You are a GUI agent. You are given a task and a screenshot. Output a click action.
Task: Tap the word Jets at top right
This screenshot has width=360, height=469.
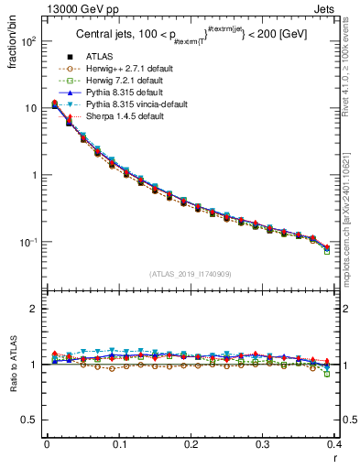(x=329, y=9)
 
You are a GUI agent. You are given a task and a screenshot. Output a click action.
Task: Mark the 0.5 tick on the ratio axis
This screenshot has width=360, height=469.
(x=32, y=420)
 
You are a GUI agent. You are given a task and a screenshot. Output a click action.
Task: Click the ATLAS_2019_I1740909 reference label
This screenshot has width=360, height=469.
(x=190, y=273)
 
